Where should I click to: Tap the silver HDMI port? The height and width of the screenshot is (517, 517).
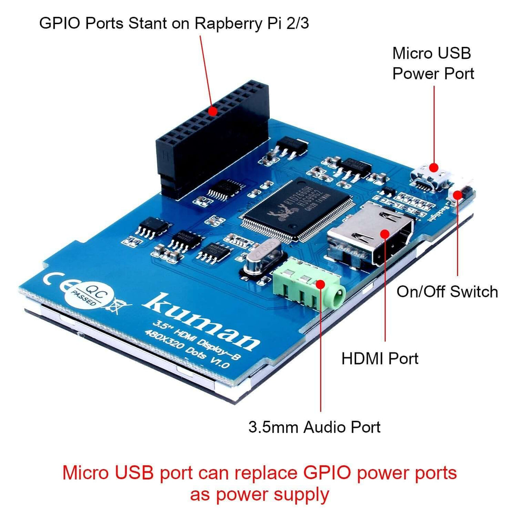371,235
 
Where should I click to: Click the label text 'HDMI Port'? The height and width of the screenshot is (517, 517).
380,358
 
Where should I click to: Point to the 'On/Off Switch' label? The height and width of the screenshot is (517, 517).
447,292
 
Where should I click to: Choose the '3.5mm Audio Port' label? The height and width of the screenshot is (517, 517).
315,427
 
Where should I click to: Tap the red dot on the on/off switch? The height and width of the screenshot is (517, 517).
457,195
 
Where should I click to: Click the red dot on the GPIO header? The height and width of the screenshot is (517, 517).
212,111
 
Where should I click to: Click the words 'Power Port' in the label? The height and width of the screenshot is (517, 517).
433,74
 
